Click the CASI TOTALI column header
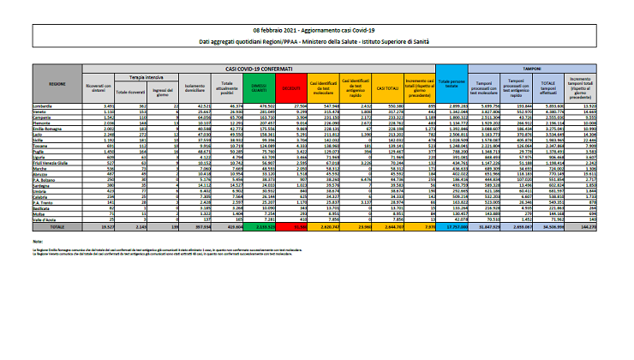388,87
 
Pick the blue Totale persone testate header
452,87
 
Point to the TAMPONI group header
534,66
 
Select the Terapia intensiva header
134,75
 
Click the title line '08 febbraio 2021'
316,29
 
